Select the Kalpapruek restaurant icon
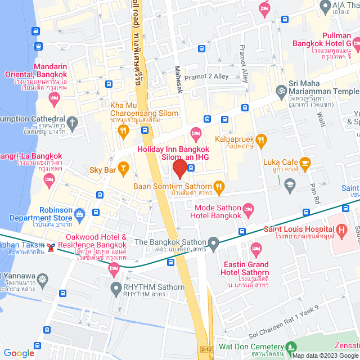pos(260,139)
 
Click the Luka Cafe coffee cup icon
pos(305,163)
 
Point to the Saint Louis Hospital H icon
pos(341,229)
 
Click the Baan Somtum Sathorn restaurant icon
pos(219,186)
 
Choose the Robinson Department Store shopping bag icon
pos(79,214)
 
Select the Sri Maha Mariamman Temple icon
pos(280,89)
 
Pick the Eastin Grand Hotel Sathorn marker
pos(256,247)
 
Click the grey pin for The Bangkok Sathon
pos(213,244)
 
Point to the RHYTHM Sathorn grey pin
pos(116,290)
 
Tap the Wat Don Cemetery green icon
pos(291,347)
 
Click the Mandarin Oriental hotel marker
pos(54,99)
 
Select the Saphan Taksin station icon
pos(51,247)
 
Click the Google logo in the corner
pos(19,353)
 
